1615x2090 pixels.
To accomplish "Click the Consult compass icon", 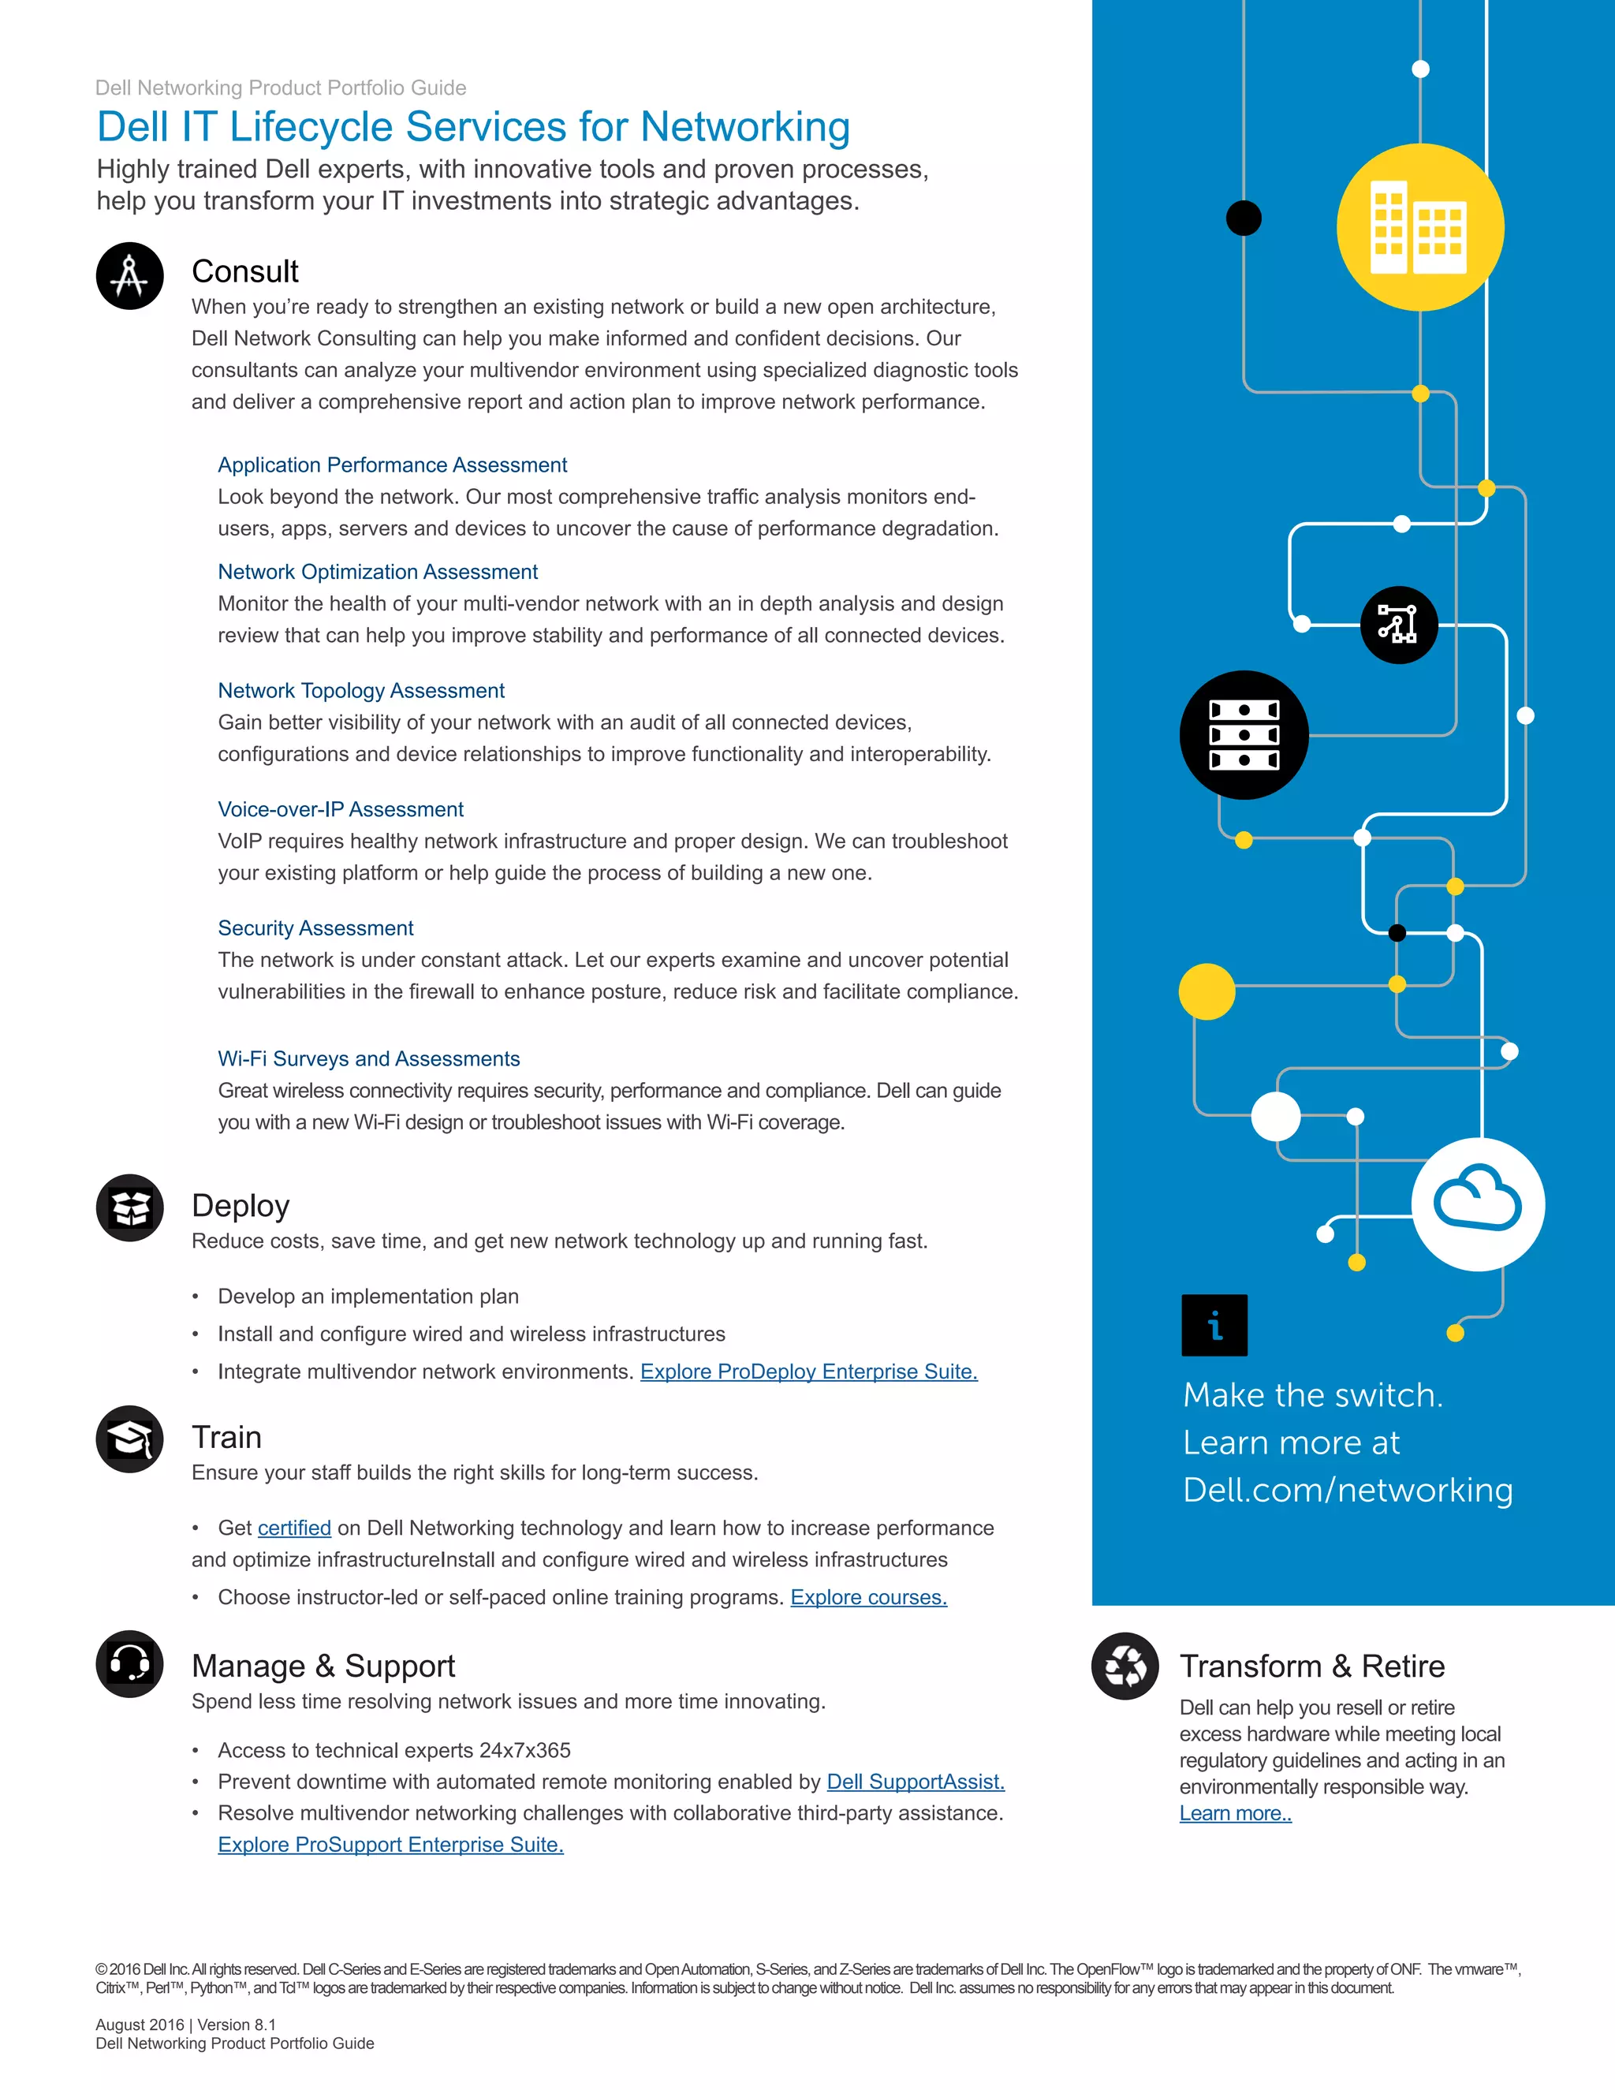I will coord(130,277).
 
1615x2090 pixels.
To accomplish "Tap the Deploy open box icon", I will coord(130,1207).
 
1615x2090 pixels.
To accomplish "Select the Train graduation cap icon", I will coord(130,1439).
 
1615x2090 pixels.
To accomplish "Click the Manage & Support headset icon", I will coord(130,1664).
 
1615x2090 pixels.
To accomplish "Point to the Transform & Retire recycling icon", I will coord(1125,1666).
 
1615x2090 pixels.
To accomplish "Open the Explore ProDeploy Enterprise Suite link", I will coord(808,1372).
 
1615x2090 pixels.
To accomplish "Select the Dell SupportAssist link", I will coord(916,1782).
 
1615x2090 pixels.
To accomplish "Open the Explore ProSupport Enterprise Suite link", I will coord(390,1844).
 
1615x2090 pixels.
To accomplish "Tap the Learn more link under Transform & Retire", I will coord(1235,1813).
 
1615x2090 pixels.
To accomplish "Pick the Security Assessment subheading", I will coord(315,928).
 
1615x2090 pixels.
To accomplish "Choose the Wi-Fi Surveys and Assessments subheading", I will coord(368,1058).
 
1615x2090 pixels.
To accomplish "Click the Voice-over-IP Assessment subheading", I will coord(341,810).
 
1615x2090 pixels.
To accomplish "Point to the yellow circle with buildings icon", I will coord(1419,228).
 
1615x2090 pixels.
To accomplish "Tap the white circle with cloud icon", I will coord(1479,1204).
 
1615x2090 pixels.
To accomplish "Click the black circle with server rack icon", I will coord(1244,735).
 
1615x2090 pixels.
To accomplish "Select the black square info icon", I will coord(1214,1326).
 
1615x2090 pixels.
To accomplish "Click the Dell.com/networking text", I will coord(1347,1490).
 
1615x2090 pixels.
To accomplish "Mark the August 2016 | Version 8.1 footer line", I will coord(185,2025).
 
